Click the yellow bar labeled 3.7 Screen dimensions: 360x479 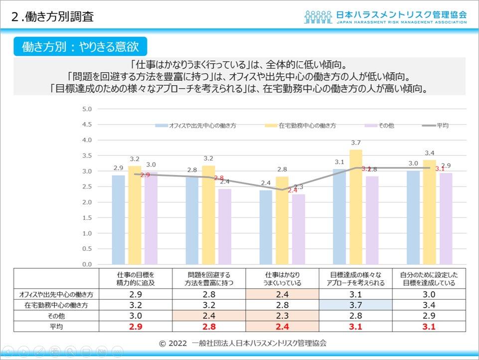[355, 207]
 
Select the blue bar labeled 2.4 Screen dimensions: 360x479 [266, 227]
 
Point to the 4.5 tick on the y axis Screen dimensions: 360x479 [87, 124]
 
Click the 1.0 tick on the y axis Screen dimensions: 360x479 [87, 233]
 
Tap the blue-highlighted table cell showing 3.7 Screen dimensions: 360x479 [356, 304]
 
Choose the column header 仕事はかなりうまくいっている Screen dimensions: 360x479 [283, 279]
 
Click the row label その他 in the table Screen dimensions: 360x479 [56, 316]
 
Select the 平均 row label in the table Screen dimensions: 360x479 [56, 327]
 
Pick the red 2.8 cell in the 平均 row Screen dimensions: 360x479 [209, 327]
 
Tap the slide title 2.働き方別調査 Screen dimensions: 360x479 [52, 17]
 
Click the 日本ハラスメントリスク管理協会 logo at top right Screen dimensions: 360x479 [385, 16]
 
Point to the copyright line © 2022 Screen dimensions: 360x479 [243, 343]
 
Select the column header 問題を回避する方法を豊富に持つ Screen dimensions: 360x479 [209, 279]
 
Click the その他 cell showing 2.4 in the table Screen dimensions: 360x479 [209, 316]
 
